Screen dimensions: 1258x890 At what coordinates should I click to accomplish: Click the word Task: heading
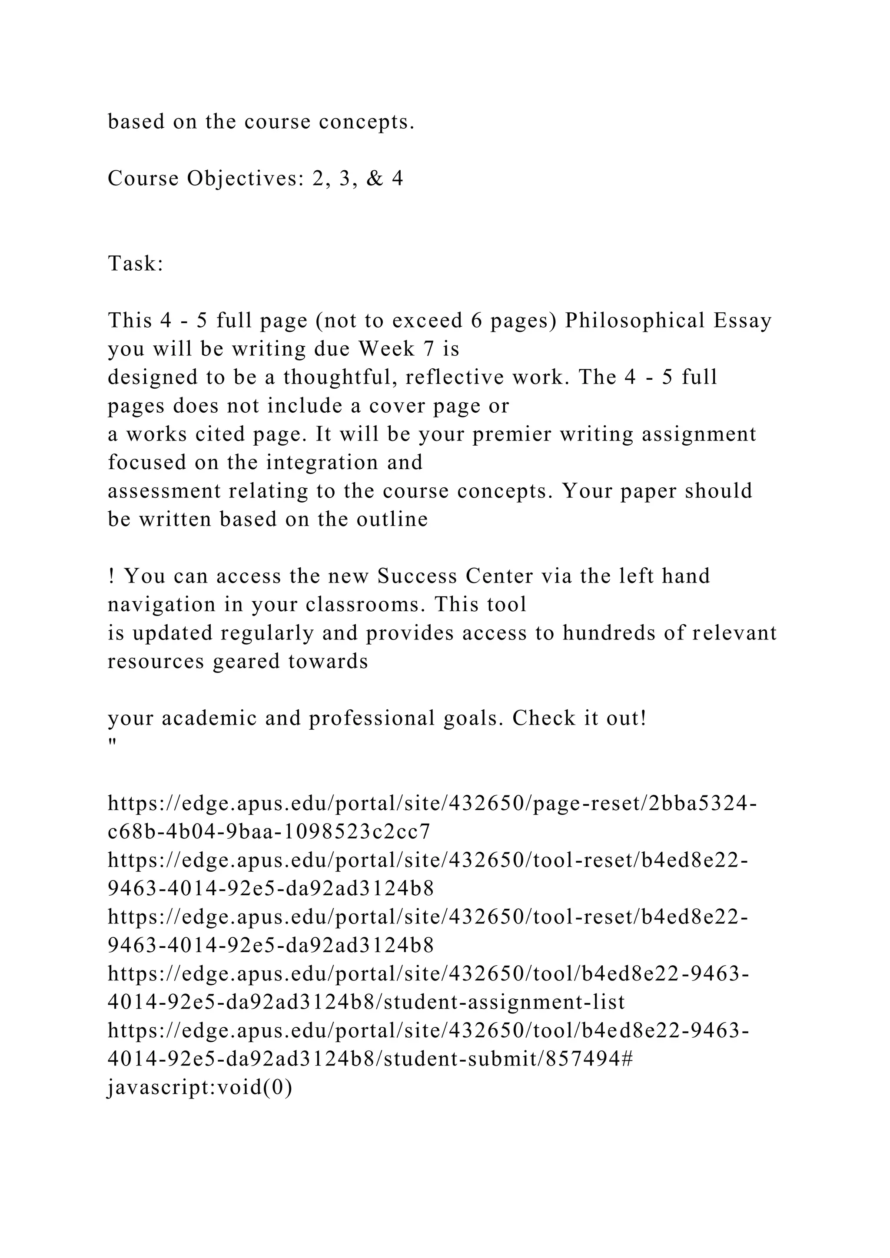click(135, 264)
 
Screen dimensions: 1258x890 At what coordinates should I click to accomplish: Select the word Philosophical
click(634, 321)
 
